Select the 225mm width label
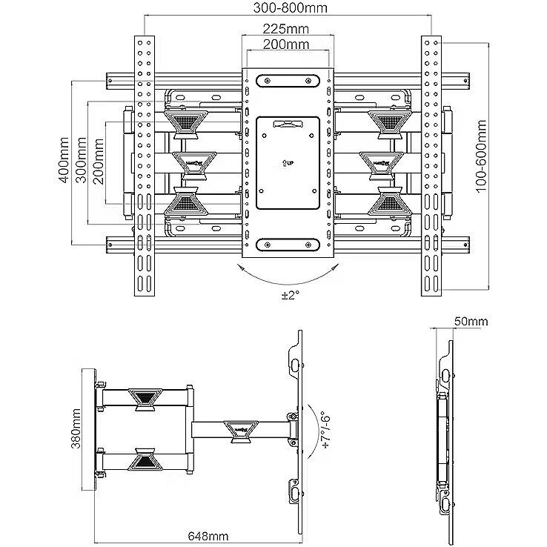(x=285, y=29)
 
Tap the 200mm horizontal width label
(x=285, y=44)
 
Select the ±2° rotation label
(x=289, y=295)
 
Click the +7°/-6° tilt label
(x=325, y=428)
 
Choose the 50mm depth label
(x=471, y=322)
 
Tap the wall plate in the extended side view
(x=88, y=428)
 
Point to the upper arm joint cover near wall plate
(x=145, y=398)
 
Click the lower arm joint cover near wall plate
(x=145, y=459)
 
